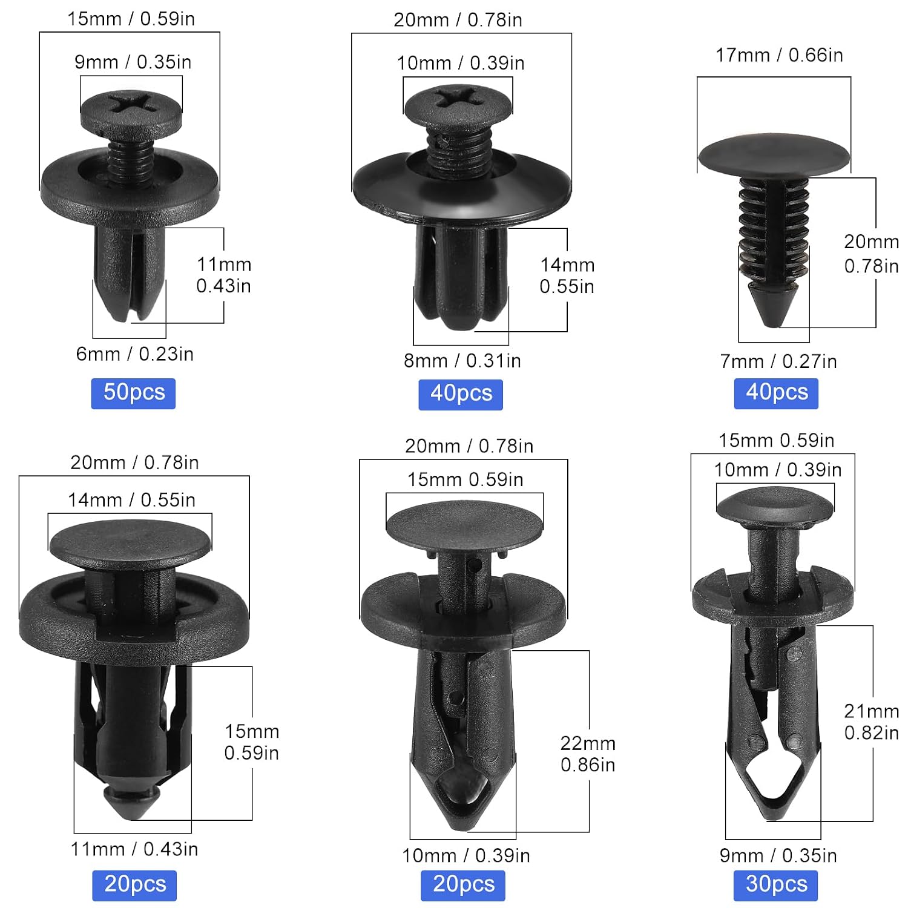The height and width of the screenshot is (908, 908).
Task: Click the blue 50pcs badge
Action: pyautogui.click(x=133, y=393)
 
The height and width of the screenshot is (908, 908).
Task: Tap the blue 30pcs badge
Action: pyautogui.click(x=776, y=884)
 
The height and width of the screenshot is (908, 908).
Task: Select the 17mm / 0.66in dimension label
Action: pyautogui.click(x=779, y=55)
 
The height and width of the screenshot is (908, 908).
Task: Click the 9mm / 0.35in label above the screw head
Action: pyautogui.click(x=133, y=62)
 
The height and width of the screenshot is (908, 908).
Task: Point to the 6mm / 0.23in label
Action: pyautogui.click(x=134, y=354)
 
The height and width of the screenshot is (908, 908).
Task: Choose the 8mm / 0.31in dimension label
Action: pyautogui.click(x=462, y=361)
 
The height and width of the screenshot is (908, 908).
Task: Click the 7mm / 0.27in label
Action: pyautogui.click(x=778, y=361)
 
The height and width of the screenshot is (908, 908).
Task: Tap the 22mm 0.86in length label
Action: pyautogui.click(x=588, y=754)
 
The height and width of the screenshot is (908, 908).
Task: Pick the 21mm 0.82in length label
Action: pyautogui.click(x=872, y=722)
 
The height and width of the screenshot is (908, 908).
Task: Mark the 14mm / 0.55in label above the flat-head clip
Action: pyautogui.click(x=131, y=500)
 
